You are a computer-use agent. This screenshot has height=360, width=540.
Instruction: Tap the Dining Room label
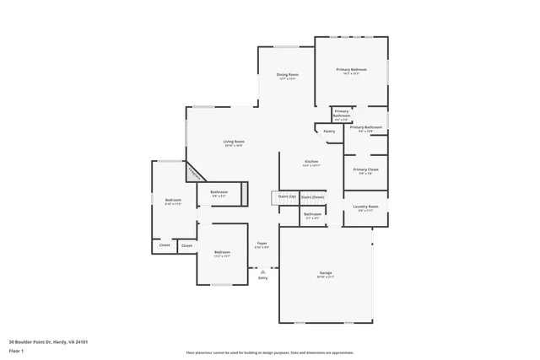coord(287,74)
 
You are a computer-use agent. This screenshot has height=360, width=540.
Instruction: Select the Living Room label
coord(234,141)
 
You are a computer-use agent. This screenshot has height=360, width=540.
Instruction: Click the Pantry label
coord(329,131)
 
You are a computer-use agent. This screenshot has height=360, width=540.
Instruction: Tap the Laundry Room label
coord(365,206)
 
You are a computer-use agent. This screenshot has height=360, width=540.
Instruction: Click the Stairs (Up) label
coord(286,196)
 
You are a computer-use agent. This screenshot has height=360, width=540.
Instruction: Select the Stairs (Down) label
coord(312,196)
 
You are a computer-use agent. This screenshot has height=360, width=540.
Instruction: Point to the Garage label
coord(326,273)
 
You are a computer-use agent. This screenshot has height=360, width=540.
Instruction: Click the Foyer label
coord(262,243)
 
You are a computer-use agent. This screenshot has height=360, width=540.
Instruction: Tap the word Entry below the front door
coord(262,278)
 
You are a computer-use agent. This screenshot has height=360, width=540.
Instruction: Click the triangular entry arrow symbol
coord(262,271)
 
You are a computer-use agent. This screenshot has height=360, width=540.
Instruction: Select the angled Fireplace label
coord(193,172)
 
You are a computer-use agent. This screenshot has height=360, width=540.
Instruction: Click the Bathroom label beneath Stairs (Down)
coord(312,214)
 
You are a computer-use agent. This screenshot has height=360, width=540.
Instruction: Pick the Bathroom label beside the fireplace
coord(219,192)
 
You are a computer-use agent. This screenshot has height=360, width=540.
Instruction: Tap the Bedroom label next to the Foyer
coord(222,252)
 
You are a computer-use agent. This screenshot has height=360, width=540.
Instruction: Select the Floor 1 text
coord(17,350)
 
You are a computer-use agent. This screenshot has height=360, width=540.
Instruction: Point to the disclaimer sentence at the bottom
coord(270,352)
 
